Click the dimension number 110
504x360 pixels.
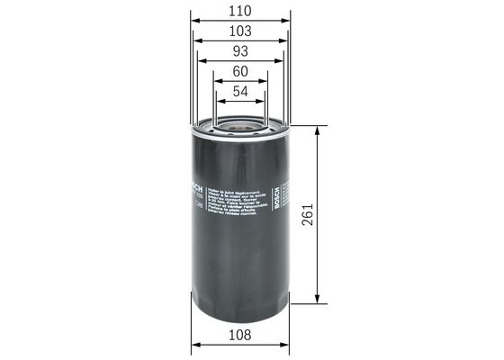click(240, 12)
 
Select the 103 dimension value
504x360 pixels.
click(240, 31)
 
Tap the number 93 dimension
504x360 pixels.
click(240, 50)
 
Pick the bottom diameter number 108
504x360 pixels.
click(240, 335)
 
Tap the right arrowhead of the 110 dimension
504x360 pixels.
click(287, 22)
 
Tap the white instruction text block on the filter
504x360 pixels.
click(239, 203)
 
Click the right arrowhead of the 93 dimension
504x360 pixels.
click(282, 60)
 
